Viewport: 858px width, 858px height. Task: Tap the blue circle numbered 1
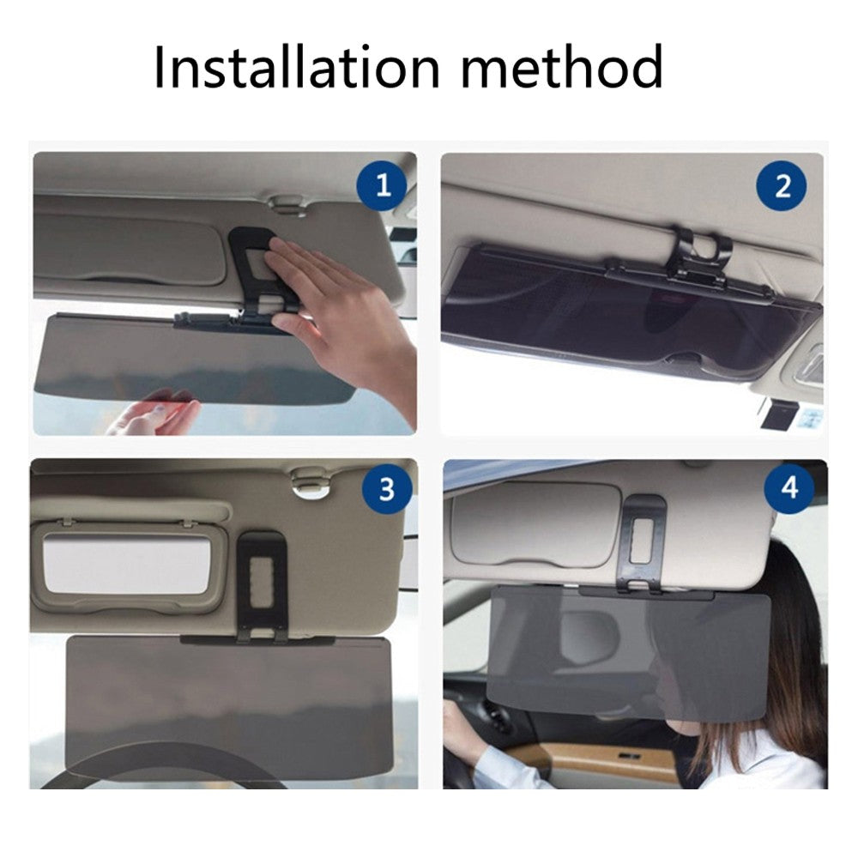[x=383, y=185]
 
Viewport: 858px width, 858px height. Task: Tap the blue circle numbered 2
[x=782, y=186]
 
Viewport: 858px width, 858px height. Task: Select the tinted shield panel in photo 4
[x=626, y=652]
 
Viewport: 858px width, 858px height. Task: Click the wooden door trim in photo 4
[x=601, y=760]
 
